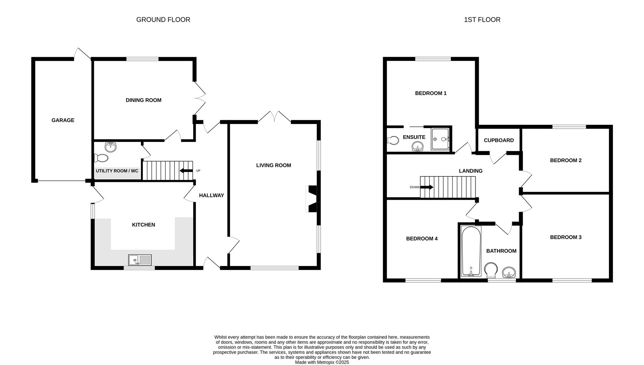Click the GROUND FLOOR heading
(163, 20)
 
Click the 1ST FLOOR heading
(482, 20)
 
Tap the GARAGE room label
(63, 120)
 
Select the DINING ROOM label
(143, 100)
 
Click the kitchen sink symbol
(140, 260)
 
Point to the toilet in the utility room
(101, 158)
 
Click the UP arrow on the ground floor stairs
(186, 171)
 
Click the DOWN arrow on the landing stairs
(427, 187)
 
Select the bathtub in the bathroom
(471, 251)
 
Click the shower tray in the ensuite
(440, 139)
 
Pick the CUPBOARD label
(498, 140)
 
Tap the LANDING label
(470, 171)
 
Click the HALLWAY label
(211, 195)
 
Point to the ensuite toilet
(393, 140)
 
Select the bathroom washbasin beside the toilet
(509, 272)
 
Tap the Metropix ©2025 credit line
(322, 362)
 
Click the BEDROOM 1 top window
(433, 59)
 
